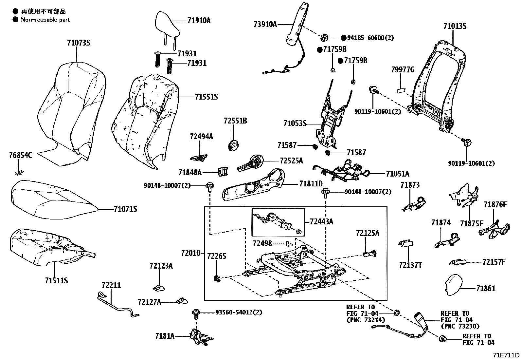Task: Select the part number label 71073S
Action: pos(78,43)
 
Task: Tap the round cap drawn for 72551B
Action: pos(233,145)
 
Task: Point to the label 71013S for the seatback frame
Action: pos(455,26)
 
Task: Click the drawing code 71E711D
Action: pos(507,355)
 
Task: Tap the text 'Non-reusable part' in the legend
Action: pos(45,20)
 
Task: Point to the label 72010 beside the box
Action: pos(190,253)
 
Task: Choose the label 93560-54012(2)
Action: pos(239,312)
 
